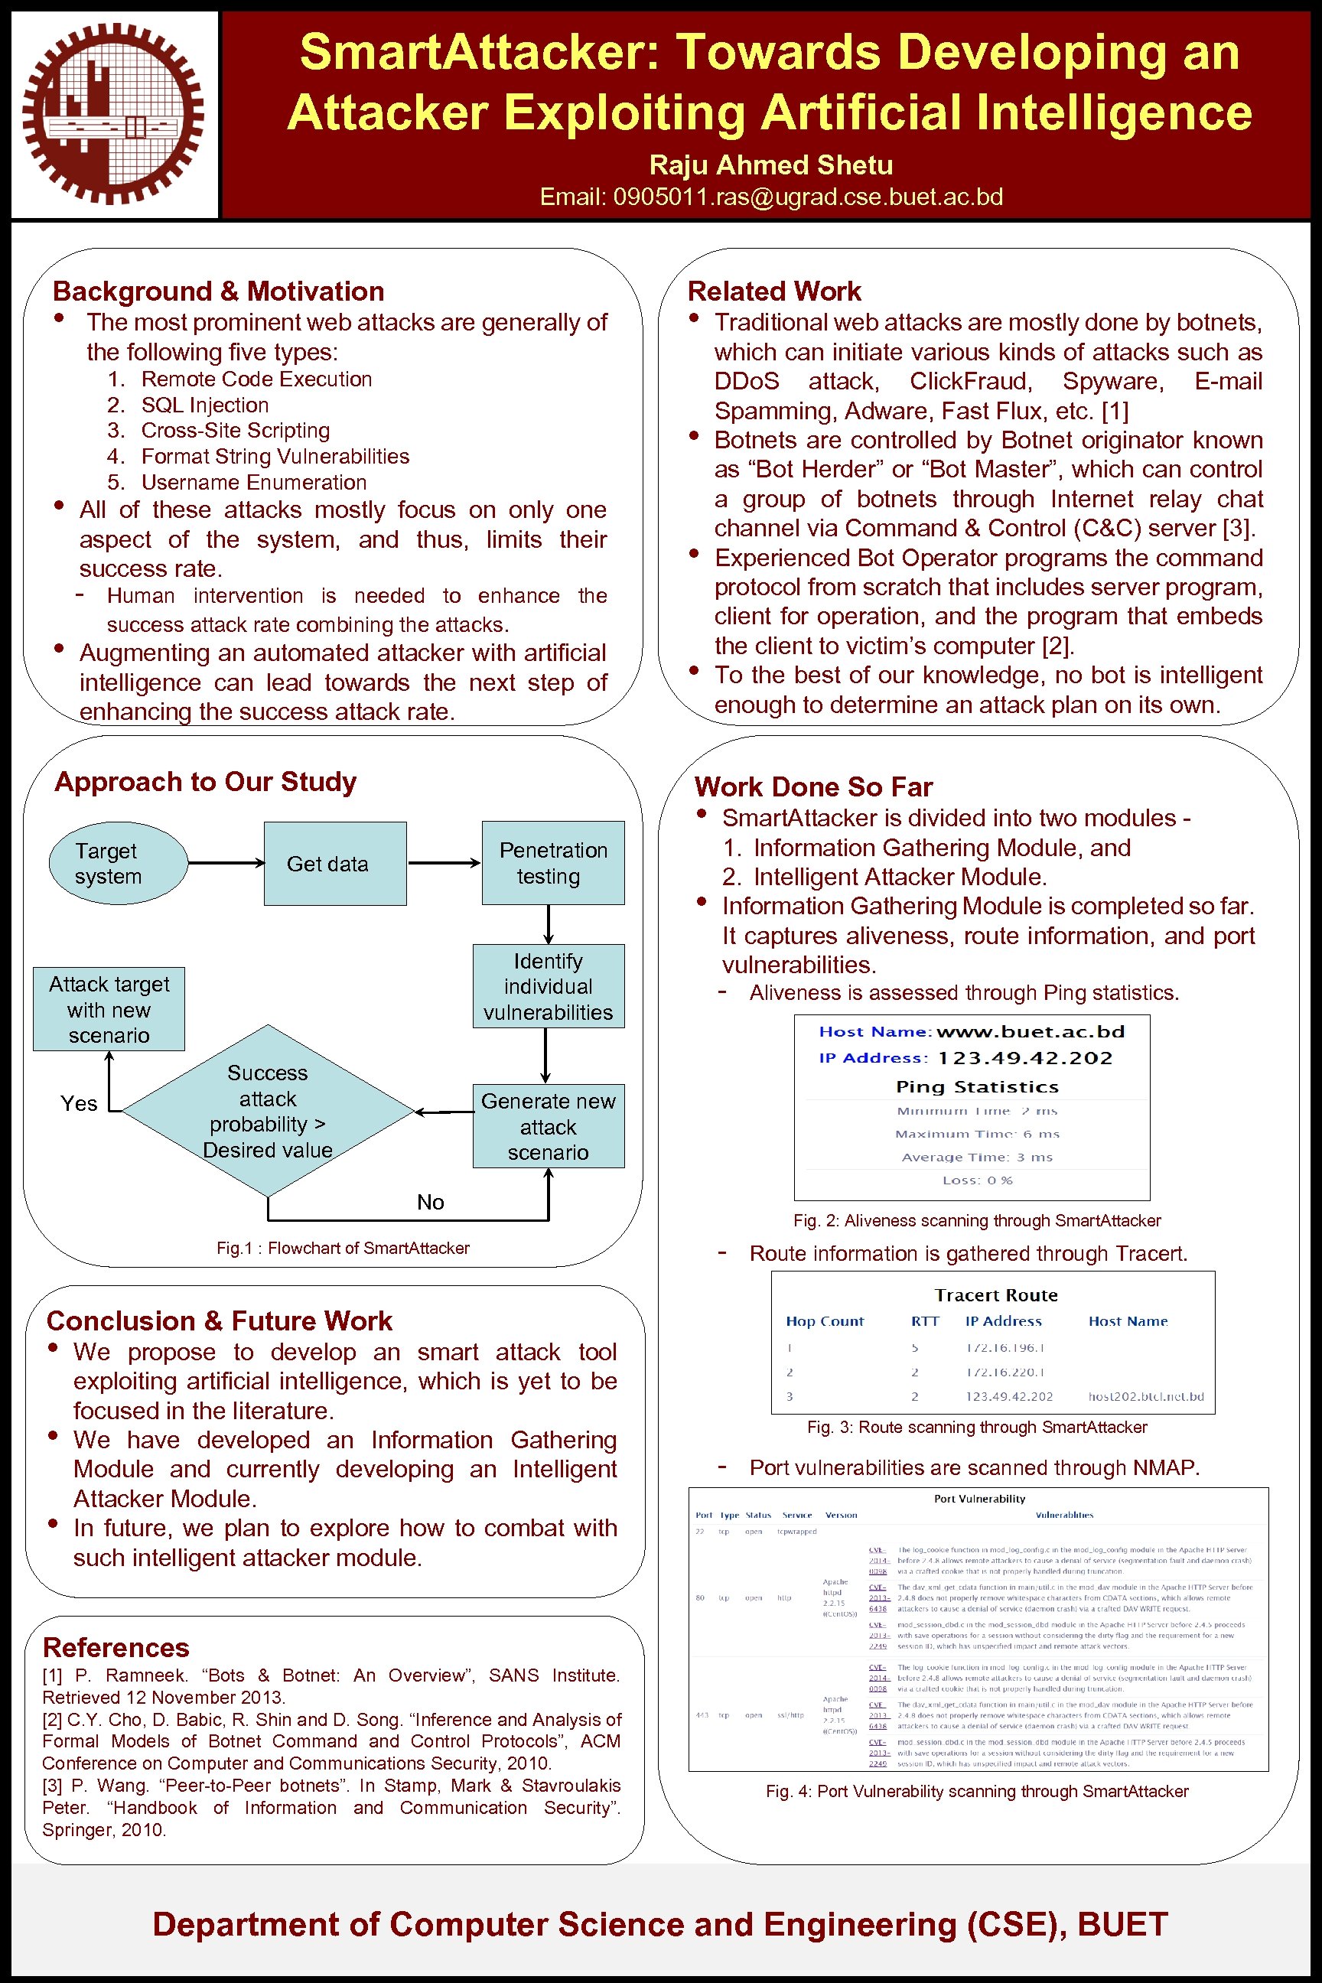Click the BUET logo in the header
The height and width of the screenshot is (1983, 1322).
pos(113,115)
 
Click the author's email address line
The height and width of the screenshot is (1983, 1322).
pos(770,197)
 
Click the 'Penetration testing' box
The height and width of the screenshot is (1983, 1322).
pos(553,862)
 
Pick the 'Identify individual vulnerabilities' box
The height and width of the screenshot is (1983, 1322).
pos(548,985)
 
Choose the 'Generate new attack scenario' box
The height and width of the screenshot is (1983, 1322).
pos(548,1125)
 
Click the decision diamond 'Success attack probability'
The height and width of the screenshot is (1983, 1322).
pos(267,1110)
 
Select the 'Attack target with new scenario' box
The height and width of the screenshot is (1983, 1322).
pos(109,1009)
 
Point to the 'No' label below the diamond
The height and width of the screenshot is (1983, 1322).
pos(430,1203)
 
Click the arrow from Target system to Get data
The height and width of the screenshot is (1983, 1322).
pos(225,862)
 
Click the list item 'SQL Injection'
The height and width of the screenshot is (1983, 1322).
pos(204,405)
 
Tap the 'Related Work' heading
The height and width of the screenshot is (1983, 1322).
pos(773,291)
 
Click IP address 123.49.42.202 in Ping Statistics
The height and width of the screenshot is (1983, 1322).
pos(1024,1058)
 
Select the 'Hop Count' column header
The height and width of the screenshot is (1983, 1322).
pos(824,1321)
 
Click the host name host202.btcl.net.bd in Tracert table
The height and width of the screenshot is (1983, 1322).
pos(1145,1396)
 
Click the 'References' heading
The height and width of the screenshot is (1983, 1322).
pos(116,1646)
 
